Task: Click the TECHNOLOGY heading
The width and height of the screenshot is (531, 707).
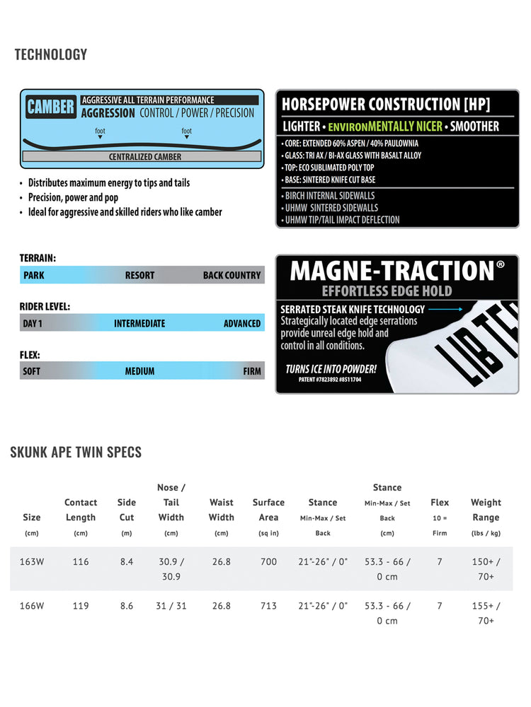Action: pos(51,54)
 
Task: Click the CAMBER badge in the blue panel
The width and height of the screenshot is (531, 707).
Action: pos(50,107)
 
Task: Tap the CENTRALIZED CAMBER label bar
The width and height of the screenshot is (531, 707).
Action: pos(144,156)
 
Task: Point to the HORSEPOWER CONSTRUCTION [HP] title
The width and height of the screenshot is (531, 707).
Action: pos(386,105)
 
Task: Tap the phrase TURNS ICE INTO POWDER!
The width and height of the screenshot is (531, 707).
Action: pos(330,369)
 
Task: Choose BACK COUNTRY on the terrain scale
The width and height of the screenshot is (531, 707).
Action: pos(232,275)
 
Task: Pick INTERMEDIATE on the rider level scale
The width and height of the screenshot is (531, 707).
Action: pos(139,323)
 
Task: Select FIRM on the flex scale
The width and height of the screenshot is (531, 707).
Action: pos(251,370)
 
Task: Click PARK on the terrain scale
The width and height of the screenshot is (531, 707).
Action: pos(33,275)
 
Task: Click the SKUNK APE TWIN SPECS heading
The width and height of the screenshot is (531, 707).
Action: pos(76,452)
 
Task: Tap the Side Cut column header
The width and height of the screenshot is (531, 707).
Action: pos(127,510)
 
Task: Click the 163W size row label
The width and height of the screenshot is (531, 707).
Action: pos(32,562)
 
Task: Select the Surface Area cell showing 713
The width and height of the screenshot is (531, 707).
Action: pos(268,606)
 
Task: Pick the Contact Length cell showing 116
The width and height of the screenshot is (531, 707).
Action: pos(81,562)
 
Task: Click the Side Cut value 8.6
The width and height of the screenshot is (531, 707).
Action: pos(127,606)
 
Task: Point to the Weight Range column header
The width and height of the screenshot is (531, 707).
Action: pos(486,510)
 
